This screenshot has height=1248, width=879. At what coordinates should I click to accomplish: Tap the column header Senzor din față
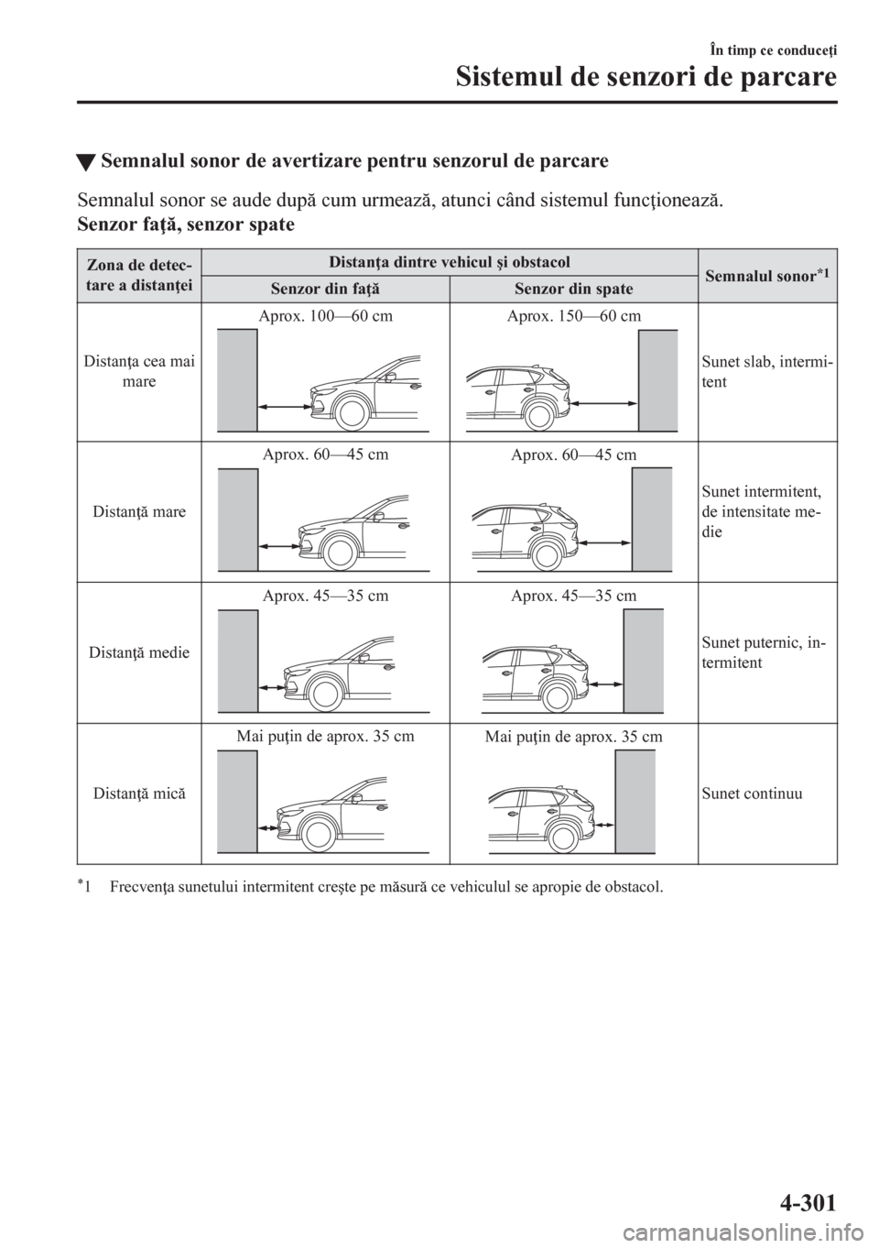(324, 289)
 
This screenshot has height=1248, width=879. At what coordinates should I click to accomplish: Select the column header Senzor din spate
(573, 289)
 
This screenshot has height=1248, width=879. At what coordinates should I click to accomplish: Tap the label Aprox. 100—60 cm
(324, 315)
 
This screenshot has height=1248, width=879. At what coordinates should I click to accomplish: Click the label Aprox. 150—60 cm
(573, 315)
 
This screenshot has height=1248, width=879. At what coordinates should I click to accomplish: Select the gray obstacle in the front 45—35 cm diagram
(237, 661)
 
